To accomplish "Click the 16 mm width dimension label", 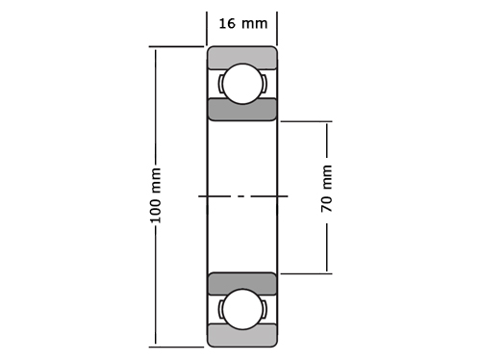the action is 243,24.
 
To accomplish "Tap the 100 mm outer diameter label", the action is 156,195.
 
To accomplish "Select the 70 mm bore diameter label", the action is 326,189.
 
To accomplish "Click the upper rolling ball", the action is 242,84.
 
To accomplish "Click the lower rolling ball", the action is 242,309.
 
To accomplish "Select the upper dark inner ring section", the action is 242,110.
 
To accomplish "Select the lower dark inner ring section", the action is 242,284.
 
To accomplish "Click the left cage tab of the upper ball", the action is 220,84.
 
